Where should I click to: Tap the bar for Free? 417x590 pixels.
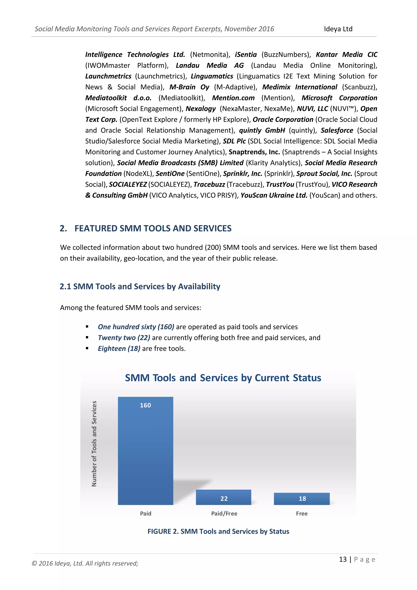[302, 499]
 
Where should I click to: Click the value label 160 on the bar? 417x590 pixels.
[145, 405]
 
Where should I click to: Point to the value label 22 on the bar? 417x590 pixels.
[224, 499]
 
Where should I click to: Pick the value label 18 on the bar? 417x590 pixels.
[302, 499]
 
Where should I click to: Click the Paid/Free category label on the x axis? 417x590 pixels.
[224, 513]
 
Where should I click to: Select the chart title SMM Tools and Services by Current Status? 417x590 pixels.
[223, 378]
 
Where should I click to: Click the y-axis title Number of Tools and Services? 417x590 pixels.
[94, 444]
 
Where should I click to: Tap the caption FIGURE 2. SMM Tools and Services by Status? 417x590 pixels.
[218, 531]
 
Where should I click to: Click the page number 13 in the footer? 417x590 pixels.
[343, 559]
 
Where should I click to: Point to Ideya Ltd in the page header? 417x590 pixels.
[338, 29]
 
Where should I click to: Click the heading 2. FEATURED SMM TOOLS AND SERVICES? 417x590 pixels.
[146, 228]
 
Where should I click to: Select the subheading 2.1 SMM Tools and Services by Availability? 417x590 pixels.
[140, 286]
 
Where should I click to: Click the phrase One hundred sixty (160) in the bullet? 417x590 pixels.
[136, 327]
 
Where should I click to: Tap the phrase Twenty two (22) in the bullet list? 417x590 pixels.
[124, 337]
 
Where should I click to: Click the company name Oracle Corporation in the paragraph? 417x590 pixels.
[283, 120]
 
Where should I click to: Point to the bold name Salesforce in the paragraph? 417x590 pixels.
[337, 130]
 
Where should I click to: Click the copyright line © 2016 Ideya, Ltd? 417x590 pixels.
[85, 563]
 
